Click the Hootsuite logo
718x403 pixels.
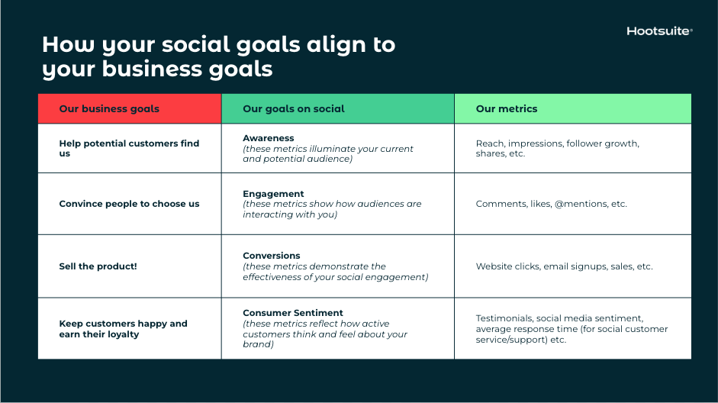pos(659,31)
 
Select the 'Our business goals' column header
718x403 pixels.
pos(109,108)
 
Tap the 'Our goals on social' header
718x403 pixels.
pos(294,108)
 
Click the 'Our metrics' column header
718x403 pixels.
pos(507,108)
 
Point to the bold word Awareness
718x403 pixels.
pos(268,138)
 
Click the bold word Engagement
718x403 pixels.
pos(273,194)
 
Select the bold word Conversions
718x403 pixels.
pos(272,256)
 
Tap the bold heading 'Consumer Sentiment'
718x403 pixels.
pos(293,313)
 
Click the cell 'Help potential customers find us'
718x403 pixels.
pos(129,148)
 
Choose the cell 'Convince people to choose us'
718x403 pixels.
pos(129,204)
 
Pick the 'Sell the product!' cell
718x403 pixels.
pos(98,266)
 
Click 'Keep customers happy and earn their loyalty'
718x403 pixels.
pos(123,329)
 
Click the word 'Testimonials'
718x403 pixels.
pos(504,318)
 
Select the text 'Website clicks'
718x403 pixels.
pos(507,266)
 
